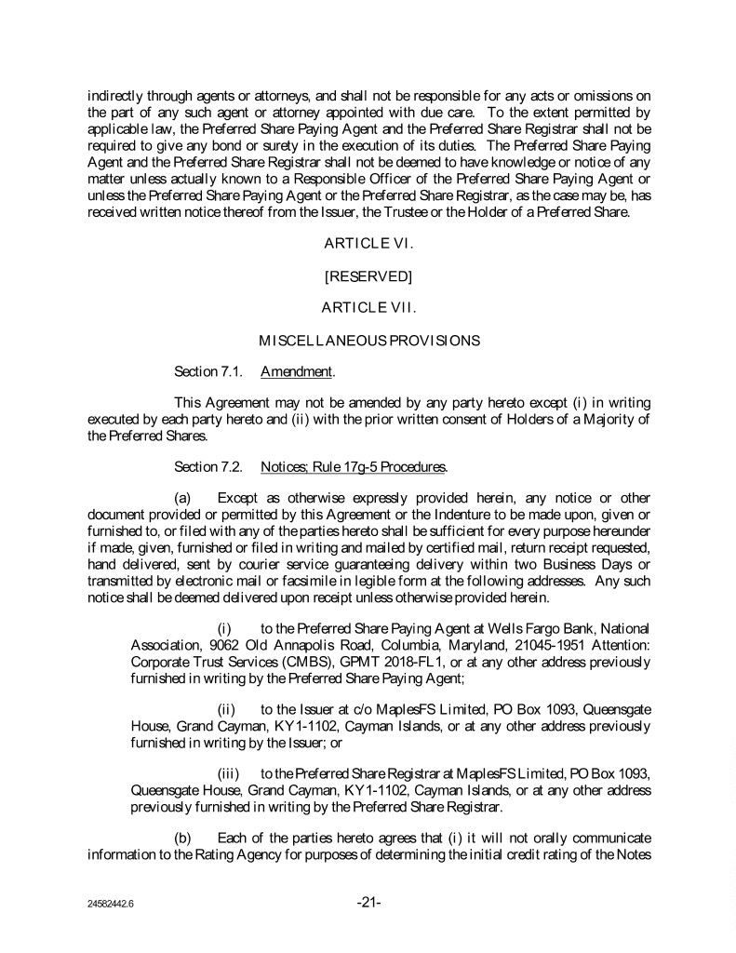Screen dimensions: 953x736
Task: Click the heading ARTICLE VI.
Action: [367, 244]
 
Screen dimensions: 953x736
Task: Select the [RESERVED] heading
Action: [368, 275]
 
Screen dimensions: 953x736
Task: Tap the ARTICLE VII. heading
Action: [367, 307]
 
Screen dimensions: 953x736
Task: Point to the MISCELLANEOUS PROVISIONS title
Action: [368, 340]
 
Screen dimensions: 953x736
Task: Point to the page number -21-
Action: [368, 904]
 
